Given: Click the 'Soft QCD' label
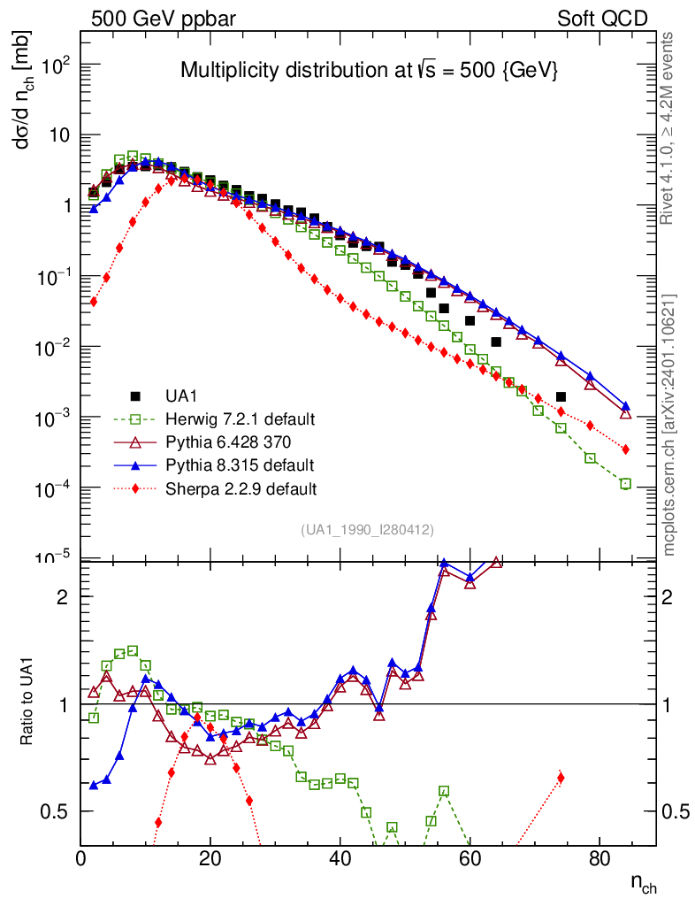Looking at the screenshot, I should [602, 19].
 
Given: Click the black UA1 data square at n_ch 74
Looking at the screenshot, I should [561, 397].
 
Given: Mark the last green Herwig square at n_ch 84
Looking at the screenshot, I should [626, 484].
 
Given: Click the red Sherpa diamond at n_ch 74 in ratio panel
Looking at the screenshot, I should [561, 779].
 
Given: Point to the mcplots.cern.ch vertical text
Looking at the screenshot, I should [668, 425].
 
